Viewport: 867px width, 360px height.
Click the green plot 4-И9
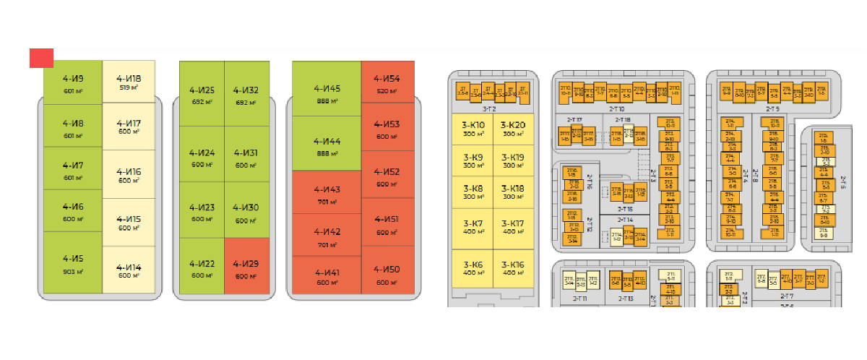point(73,83)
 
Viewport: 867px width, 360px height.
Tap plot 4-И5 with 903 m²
point(73,263)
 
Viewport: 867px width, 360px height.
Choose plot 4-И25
point(202,94)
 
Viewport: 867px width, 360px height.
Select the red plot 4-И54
point(387,82)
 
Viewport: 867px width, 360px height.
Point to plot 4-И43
point(327,194)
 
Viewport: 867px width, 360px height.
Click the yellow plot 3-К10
point(473,128)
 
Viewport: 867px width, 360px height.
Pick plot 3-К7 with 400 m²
point(473,228)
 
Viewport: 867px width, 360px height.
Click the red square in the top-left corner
point(41,59)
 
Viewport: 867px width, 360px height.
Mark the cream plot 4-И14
point(129,270)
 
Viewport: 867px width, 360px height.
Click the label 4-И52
point(387,172)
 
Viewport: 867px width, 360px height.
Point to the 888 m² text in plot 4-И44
point(327,153)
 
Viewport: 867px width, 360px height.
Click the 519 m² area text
point(129,87)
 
